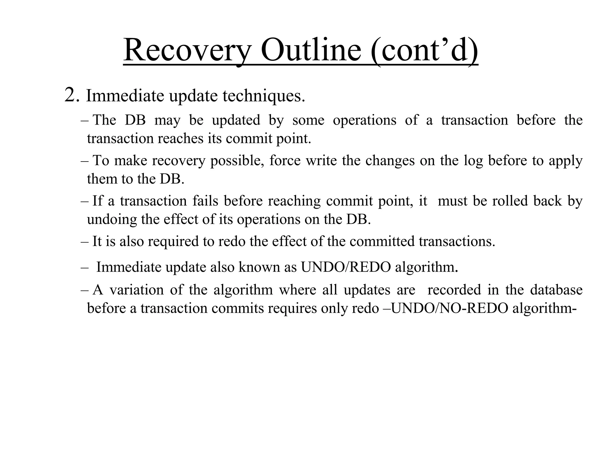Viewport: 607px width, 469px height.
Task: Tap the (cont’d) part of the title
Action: click(424, 50)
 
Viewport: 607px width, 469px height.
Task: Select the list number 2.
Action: click(71, 95)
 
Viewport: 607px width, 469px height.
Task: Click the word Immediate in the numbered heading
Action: click(125, 96)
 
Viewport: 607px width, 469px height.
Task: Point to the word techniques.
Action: click(264, 96)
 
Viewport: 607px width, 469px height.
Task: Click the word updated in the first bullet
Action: click(236, 120)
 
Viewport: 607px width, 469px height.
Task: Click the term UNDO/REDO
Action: click(346, 267)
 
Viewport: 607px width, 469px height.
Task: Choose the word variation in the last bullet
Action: click(136, 290)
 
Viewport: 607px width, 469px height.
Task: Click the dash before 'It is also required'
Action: click(84, 241)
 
